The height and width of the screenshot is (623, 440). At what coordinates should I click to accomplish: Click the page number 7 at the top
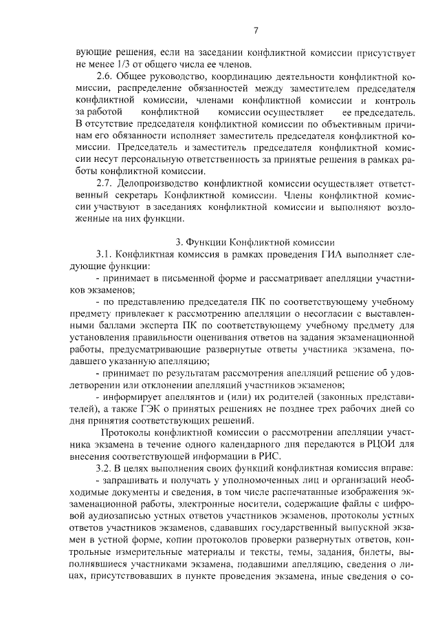tap(255, 30)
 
